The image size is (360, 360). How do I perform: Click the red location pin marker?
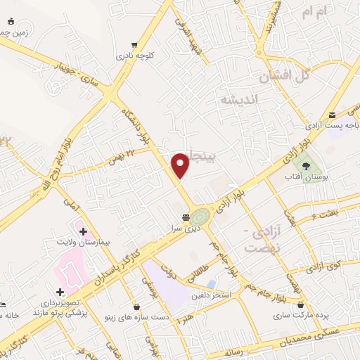[181, 165]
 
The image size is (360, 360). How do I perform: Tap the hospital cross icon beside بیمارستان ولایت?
[83, 231]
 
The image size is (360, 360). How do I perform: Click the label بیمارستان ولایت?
[83, 242]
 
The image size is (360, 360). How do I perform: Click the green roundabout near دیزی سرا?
[200, 216]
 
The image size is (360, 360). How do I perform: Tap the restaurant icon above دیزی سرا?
[186, 217]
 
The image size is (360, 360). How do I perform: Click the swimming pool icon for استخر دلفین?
[212, 283]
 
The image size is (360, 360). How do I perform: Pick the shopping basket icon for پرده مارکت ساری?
[302, 306]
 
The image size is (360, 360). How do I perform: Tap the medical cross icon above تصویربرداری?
[60, 292]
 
